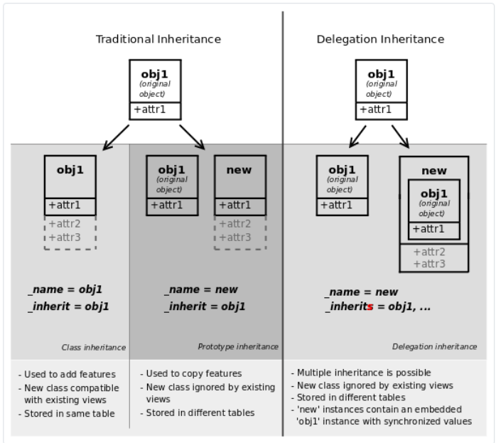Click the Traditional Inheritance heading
pyautogui.click(x=158, y=39)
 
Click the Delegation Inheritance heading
pyautogui.click(x=380, y=39)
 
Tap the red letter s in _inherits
pyautogui.click(x=370, y=307)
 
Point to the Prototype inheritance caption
pyautogui.click(x=238, y=346)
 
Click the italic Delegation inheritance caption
pyautogui.click(x=434, y=346)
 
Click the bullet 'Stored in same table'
pyautogui.click(x=70, y=413)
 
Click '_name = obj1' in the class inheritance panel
pyautogui.click(x=65, y=290)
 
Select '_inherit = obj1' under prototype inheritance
pyautogui.click(x=205, y=307)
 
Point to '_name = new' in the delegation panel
pyautogui.click(x=362, y=292)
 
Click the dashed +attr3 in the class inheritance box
pyautogui.click(x=65, y=237)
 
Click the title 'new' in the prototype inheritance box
pyautogui.click(x=240, y=170)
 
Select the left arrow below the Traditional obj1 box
pyautogui.click(x=116, y=138)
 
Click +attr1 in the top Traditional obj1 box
pyautogui.click(x=151, y=110)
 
